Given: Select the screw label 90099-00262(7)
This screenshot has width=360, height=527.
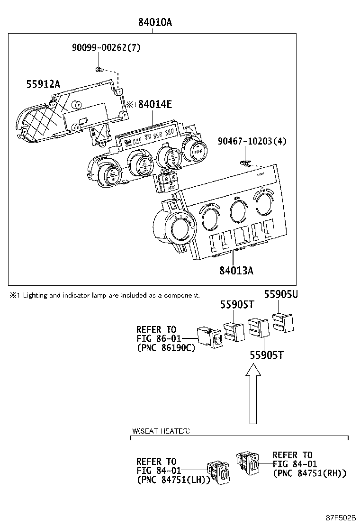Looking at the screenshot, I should coord(106,47).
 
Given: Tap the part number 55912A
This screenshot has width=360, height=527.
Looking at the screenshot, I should coord(43,84).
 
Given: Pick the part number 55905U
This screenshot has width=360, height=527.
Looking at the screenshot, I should coord(281,294).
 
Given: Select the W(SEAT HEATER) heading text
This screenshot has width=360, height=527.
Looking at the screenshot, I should coord(161,431).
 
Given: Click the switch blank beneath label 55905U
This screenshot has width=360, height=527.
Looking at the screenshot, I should coord(284,322).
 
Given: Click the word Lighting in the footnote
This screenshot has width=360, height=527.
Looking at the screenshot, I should coord(35,295).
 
